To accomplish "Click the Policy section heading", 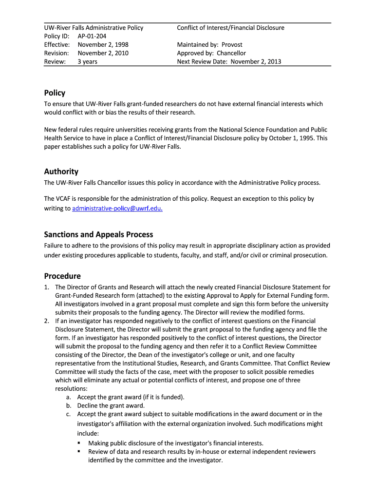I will [x=55, y=93].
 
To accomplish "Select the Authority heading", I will [x=61, y=172].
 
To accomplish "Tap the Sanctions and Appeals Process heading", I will [x=98, y=234].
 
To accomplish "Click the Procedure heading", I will [x=62, y=276].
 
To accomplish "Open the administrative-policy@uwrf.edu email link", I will [x=117, y=209].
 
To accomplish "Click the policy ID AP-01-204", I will [x=92, y=36].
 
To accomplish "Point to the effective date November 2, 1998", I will [x=103, y=44].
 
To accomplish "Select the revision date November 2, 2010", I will [x=103, y=53].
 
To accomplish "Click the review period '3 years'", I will [x=87, y=61].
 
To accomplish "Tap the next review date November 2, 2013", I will [x=256, y=61].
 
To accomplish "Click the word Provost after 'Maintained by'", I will [x=232, y=44].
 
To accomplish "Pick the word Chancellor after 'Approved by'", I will [x=231, y=53].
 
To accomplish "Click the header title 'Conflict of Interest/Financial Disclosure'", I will [x=230, y=28].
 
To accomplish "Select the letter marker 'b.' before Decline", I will [x=69, y=405].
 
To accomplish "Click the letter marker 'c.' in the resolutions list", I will [x=69, y=414].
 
